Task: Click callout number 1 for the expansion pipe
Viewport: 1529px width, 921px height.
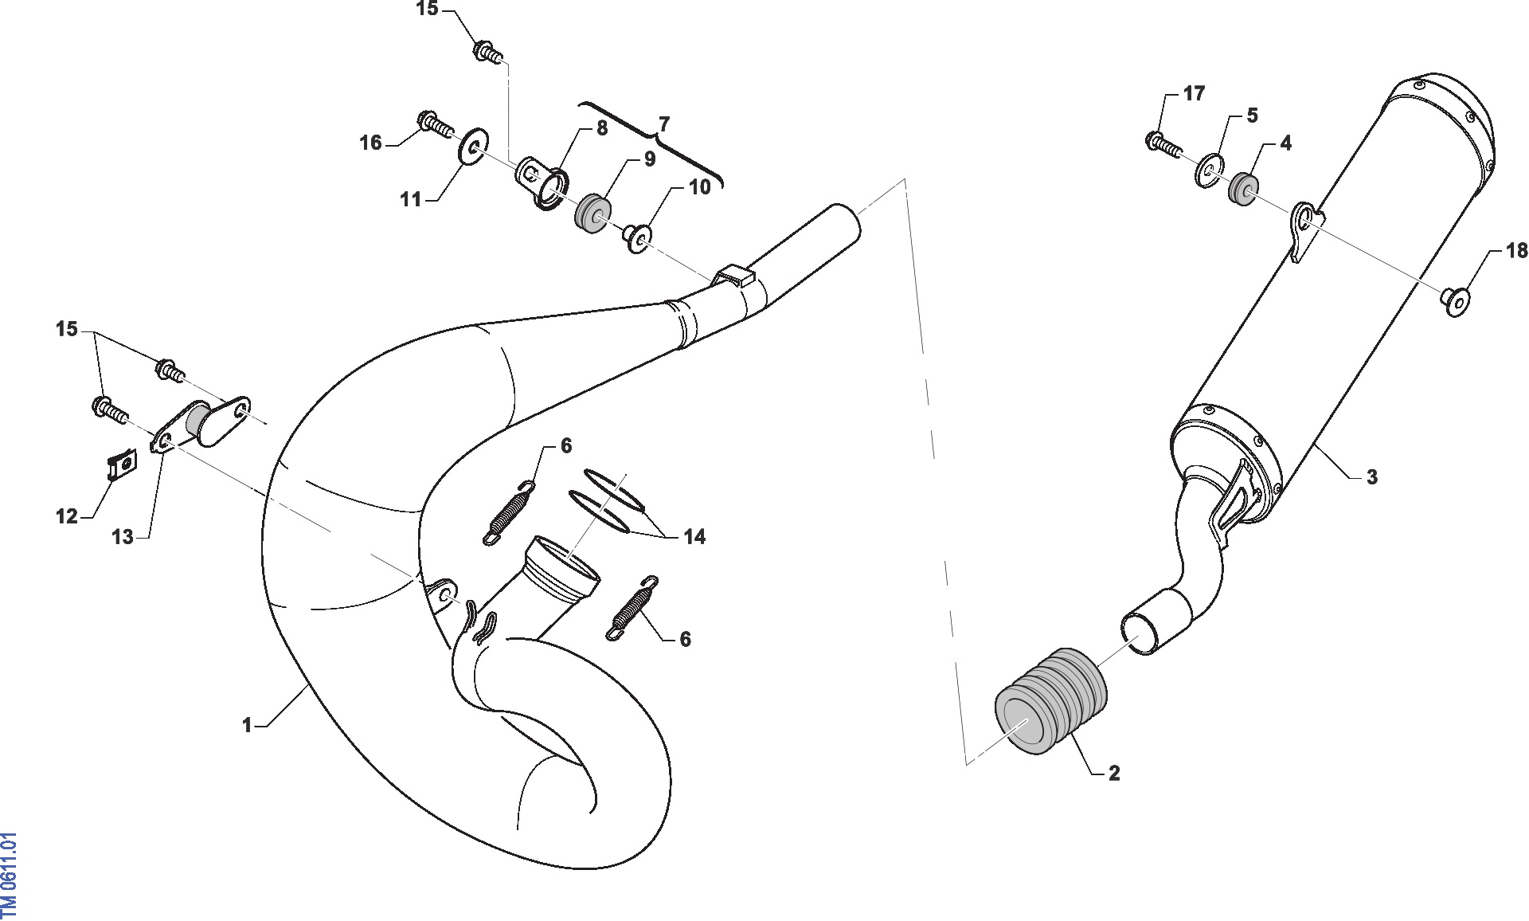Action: coord(247,725)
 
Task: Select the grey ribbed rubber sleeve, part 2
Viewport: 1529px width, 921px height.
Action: coord(1051,701)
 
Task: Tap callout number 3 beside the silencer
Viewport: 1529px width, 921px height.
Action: coord(1371,477)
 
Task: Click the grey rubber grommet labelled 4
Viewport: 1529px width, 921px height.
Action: coord(1244,187)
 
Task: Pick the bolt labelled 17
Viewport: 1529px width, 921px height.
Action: coord(1163,145)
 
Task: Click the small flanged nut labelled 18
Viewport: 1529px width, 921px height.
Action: coord(1457,303)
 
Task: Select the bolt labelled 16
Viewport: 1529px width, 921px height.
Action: coord(435,123)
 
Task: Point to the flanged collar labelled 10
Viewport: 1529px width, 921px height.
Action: coord(637,237)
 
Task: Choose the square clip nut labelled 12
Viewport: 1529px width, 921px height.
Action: coord(122,464)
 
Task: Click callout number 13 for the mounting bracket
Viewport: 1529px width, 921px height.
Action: coord(123,538)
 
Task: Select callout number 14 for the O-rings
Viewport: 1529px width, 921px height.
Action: coord(694,537)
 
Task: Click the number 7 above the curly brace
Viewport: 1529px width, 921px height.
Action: coord(664,124)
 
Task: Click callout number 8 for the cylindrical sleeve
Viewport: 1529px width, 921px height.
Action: coord(602,128)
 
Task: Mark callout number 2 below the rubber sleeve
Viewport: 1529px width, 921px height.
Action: coord(1114,773)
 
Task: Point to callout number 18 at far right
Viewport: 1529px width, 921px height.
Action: coord(1516,251)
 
